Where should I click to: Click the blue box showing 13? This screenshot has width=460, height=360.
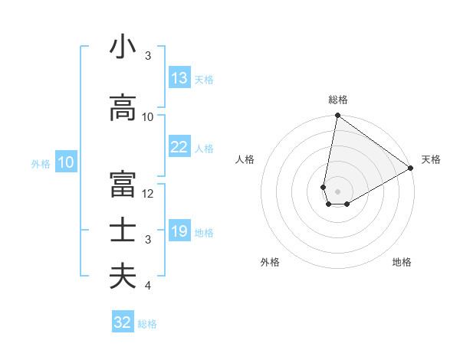pos(179,78)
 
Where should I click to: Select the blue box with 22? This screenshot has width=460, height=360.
pos(179,147)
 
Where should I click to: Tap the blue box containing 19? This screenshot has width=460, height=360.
pos(179,231)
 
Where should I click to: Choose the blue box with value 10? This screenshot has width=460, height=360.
pos(65,162)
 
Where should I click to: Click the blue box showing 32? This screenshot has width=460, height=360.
pos(123,322)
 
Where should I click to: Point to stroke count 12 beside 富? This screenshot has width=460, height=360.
pos(148,194)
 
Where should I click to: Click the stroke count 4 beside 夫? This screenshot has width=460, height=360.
pos(148,286)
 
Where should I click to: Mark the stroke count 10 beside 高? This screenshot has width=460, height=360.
pos(148,117)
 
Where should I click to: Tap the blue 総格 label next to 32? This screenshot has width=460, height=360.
pos(147,324)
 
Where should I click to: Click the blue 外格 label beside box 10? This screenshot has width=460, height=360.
pos(41,163)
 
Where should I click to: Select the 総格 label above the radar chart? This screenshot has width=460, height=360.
pos(337,100)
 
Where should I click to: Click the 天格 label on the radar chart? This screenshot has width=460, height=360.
pos(431,159)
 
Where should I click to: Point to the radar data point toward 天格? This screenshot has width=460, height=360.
pos(411,169)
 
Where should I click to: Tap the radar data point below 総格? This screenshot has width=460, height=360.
pos(337,116)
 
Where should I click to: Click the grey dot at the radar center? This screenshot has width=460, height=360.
pos(337,190)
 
